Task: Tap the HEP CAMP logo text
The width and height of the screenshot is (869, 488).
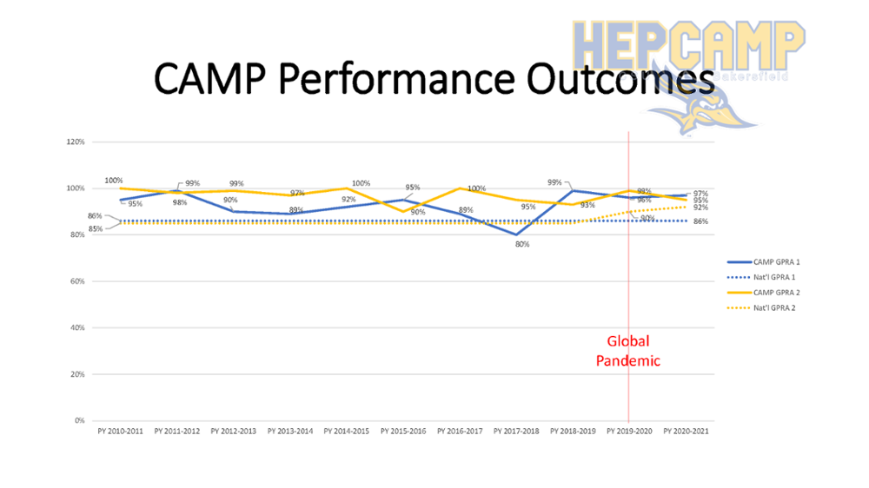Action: point(687,42)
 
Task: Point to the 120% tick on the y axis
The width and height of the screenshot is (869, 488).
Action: point(75,142)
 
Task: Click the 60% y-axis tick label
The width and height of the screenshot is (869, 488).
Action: point(76,281)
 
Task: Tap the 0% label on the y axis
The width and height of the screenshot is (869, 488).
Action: point(79,421)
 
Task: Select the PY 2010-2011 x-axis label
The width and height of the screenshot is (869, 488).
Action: point(121,431)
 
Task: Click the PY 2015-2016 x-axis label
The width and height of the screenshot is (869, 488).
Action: point(404,431)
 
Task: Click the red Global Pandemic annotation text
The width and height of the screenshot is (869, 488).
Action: point(628,351)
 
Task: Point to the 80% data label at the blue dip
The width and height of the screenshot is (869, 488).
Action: point(522,245)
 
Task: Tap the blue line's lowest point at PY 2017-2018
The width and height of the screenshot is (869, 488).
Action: point(517,234)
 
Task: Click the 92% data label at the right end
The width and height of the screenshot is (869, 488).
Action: point(700,208)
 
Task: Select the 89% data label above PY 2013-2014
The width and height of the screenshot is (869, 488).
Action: point(296,210)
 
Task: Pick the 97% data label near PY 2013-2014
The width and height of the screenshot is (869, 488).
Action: point(297,193)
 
